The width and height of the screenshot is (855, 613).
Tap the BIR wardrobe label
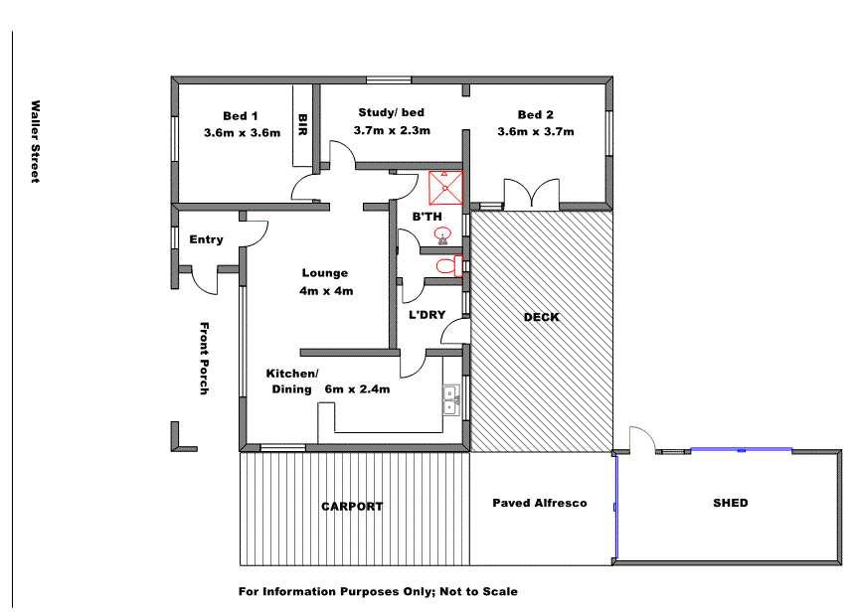tap(302, 123)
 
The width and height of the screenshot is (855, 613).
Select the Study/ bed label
tap(391, 112)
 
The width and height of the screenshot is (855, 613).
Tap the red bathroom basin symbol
tap(442, 235)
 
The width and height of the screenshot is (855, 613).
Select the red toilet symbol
tap(446, 266)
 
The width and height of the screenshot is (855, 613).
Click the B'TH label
tap(427, 217)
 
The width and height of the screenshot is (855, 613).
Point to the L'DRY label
tap(427, 316)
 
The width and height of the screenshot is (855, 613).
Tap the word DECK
tap(541, 318)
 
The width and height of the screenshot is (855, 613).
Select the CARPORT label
tap(352, 507)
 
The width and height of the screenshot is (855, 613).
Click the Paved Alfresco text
tap(540, 503)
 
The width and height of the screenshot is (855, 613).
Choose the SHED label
tap(731, 503)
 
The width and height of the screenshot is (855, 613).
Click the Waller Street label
tap(35, 141)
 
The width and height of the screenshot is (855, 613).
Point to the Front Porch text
tap(204, 359)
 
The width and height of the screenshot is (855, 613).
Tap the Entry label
tap(206, 239)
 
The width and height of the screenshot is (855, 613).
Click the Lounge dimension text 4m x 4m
tap(326, 291)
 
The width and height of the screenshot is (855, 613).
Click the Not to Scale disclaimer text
tap(378, 591)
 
